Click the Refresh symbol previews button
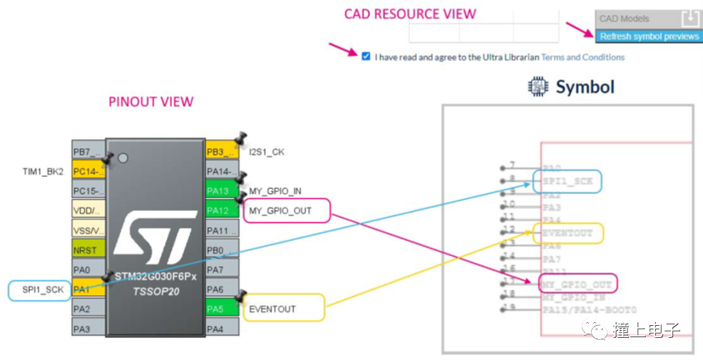[649, 36]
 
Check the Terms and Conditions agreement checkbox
[366, 56]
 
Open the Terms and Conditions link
[583, 57]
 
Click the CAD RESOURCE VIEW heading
[410, 14]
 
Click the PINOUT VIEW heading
[150, 101]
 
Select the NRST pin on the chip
[88, 250]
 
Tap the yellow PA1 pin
[88, 289]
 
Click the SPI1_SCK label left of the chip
[43, 290]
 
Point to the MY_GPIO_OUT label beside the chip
[286, 211]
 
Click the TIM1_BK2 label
[43, 172]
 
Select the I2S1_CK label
[267, 152]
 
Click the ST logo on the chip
[155, 236]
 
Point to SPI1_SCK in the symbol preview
[568, 181]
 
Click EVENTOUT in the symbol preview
[568, 232]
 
